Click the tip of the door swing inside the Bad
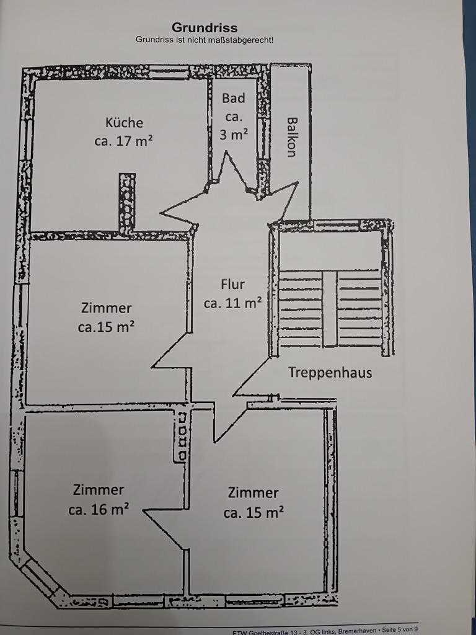(x=226, y=152)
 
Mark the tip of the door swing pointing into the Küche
(x=161, y=212)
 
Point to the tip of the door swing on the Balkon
(x=298, y=183)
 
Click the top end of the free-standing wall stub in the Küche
(x=127, y=174)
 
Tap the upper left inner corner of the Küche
(x=35, y=80)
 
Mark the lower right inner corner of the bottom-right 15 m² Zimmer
(x=324, y=592)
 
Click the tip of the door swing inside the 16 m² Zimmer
(x=144, y=511)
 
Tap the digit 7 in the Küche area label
(x=130, y=141)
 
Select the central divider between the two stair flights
(x=330, y=309)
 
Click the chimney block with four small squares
(x=182, y=436)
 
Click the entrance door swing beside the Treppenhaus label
(x=252, y=376)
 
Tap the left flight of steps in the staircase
(x=301, y=309)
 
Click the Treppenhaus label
(x=330, y=372)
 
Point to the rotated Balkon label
(x=292, y=137)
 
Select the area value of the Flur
(x=233, y=303)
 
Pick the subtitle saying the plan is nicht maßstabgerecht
(x=205, y=40)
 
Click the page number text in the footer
(x=399, y=630)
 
